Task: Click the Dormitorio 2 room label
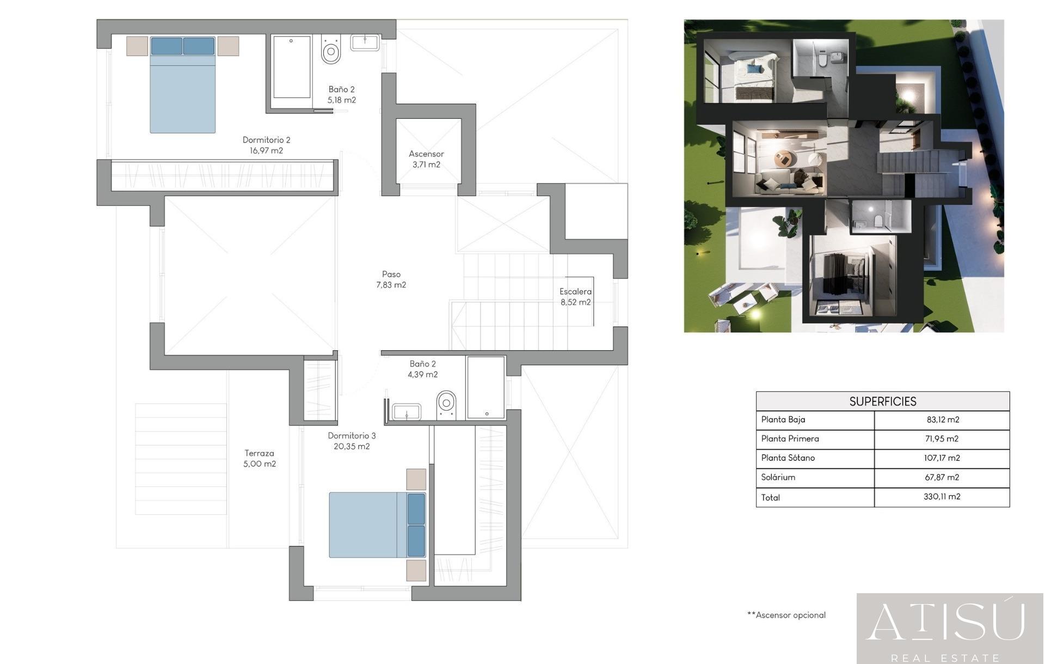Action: (x=266, y=145)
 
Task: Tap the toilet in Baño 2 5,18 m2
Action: (x=331, y=51)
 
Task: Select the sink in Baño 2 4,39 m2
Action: (x=407, y=412)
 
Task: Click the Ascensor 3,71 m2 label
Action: (x=426, y=159)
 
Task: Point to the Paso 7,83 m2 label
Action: (x=391, y=279)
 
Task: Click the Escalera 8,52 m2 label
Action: (x=575, y=297)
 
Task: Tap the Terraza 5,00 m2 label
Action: (x=259, y=458)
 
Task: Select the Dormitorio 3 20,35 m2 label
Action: (x=352, y=441)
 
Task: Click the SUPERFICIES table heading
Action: (x=882, y=401)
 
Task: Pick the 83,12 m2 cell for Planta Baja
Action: (x=942, y=419)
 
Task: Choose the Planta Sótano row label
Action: (x=788, y=458)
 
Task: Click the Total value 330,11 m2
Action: (x=942, y=497)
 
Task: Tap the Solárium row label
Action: (x=778, y=477)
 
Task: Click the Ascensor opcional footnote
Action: (x=786, y=615)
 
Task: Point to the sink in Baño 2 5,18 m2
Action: (x=365, y=42)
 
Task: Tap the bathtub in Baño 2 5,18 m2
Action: (x=291, y=66)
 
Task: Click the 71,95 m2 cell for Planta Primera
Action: (x=942, y=438)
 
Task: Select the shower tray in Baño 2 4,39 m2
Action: (x=485, y=387)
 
